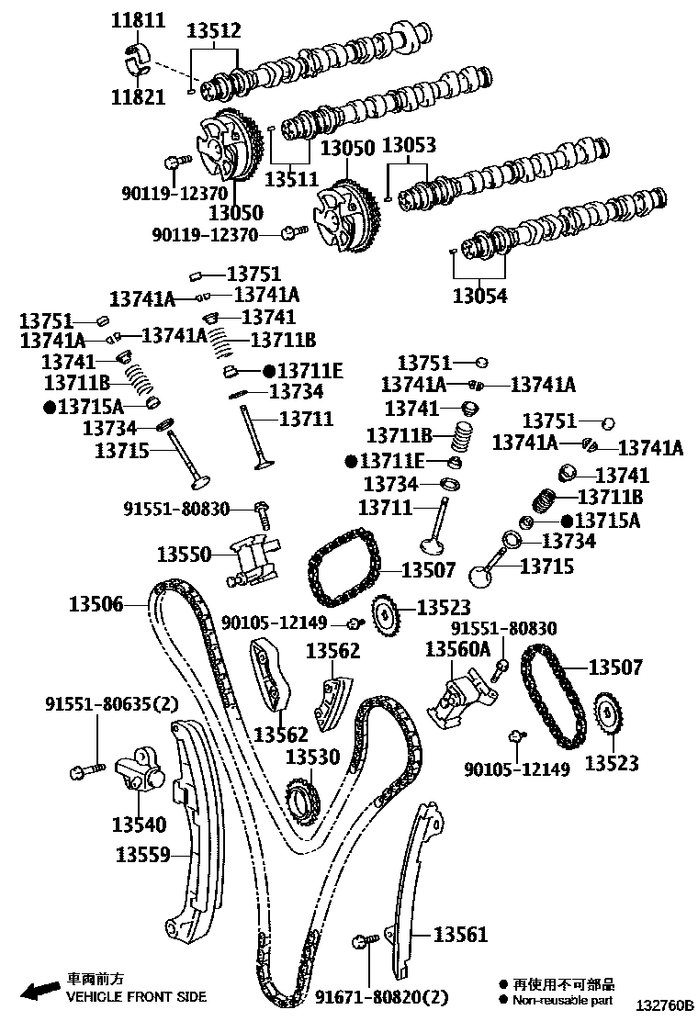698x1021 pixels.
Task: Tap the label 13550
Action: [184, 554]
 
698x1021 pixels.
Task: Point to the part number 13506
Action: [96, 603]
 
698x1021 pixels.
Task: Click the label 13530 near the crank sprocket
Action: [312, 757]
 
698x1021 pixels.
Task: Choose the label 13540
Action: [139, 824]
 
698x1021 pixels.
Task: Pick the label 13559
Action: [142, 855]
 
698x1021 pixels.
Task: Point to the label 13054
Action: [479, 296]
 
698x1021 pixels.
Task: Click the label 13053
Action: [409, 145]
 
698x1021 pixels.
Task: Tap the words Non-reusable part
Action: [562, 1000]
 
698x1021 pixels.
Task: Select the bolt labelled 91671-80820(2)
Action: [363, 941]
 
